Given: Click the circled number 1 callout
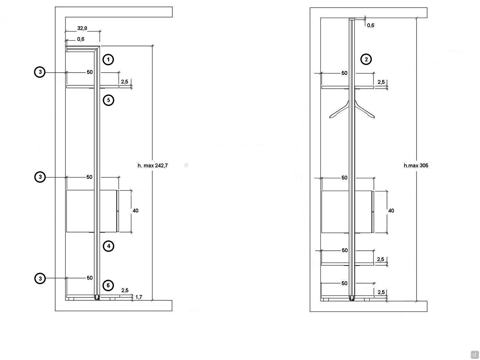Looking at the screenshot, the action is click(x=108, y=60).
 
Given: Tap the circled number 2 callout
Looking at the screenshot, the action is click(x=366, y=59).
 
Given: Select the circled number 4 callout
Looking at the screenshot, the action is click(x=108, y=246).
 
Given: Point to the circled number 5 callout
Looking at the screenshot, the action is click(x=108, y=100).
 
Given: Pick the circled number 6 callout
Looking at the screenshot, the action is click(x=108, y=285).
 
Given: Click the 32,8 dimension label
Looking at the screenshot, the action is click(x=82, y=28).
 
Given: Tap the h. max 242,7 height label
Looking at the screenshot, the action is click(x=153, y=165).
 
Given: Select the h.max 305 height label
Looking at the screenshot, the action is click(x=416, y=165).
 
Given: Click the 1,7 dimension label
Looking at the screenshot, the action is click(x=139, y=297).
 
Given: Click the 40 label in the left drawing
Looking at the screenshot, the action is click(x=135, y=211).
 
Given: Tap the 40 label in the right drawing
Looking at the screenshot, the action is click(x=391, y=211).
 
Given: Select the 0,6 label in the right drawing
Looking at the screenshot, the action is click(x=371, y=25).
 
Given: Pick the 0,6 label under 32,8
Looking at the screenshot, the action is click(x=81, y=39).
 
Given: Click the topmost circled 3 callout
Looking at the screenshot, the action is click(x=40, y=72).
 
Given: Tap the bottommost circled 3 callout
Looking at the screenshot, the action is click(x=40, y=278).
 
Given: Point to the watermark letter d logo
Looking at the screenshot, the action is click(x=475, y=354).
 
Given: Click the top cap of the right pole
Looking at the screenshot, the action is click(x=352, y=19).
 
